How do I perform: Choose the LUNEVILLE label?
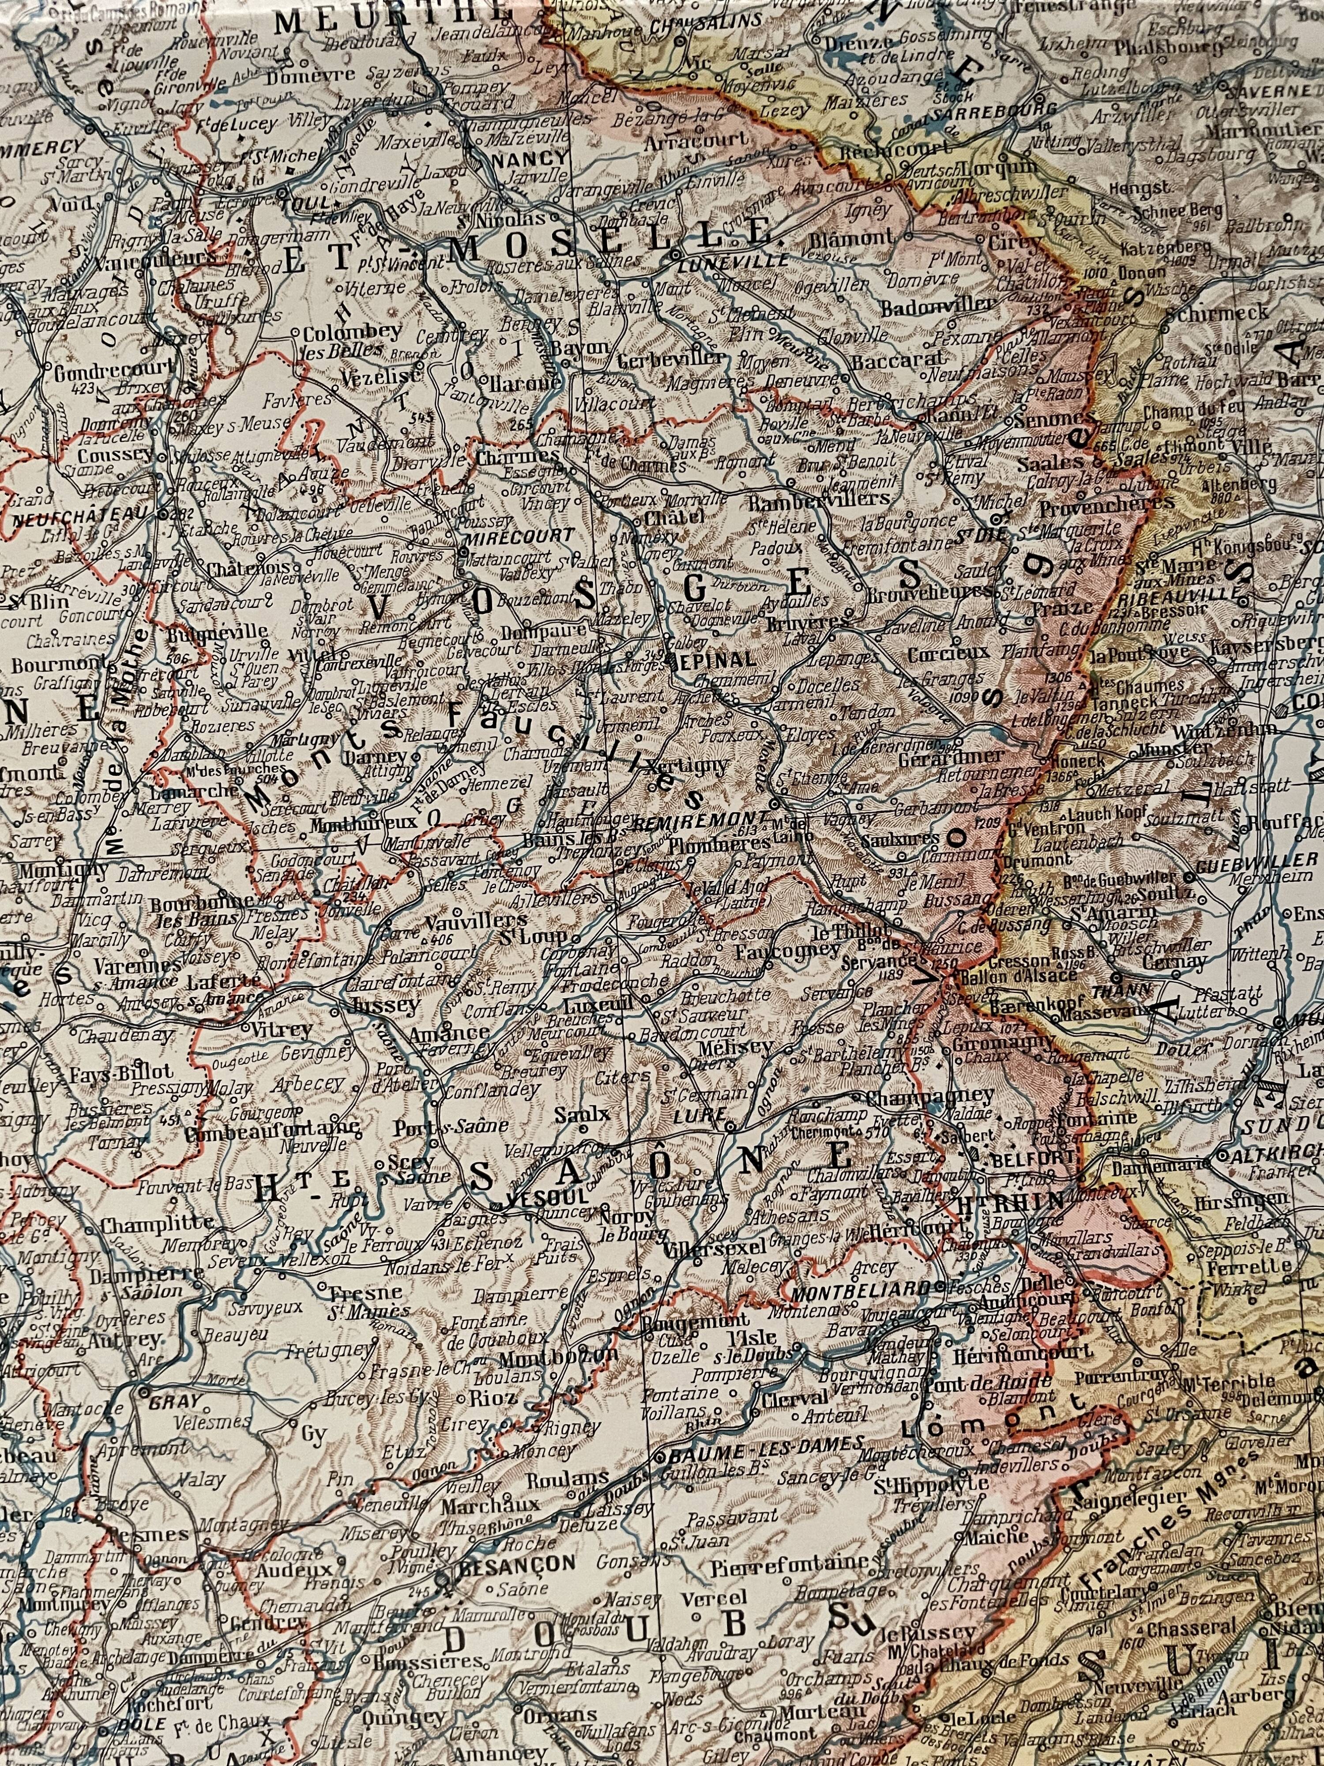pos(730,261)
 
